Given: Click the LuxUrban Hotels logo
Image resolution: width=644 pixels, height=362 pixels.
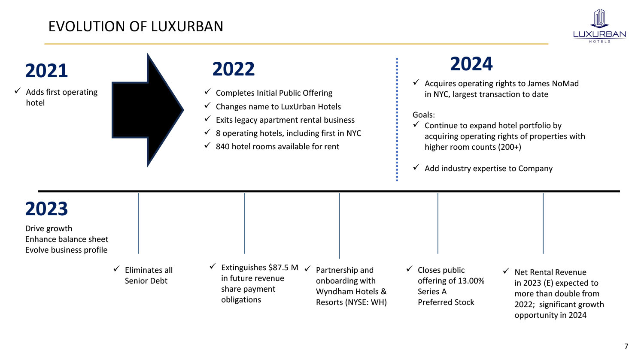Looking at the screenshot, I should point(599,26).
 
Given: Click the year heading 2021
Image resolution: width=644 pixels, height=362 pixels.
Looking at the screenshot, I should point(46,71).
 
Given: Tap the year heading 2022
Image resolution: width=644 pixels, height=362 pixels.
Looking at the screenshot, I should point(234,69).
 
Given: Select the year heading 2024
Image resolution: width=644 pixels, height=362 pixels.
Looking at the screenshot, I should point(471,64).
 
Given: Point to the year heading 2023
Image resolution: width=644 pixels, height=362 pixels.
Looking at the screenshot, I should point(46,209).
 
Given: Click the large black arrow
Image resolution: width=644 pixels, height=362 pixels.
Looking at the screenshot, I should point(148,110).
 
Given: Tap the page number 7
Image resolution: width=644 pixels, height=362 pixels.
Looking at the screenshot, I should point(626,346).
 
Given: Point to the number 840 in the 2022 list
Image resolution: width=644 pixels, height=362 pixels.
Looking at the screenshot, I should point(222,147).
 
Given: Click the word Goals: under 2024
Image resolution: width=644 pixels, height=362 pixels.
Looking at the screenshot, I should point(424,115).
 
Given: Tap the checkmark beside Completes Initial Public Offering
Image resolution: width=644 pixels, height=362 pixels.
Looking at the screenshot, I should point(207,92).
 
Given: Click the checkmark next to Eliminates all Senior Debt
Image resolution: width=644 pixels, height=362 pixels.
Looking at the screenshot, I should point(116,269).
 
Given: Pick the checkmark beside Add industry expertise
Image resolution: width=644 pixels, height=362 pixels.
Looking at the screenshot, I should point(416,168).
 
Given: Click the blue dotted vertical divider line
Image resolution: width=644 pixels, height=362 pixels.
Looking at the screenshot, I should point(397,120).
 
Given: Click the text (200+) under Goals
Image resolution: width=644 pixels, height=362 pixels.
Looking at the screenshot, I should point(510,147).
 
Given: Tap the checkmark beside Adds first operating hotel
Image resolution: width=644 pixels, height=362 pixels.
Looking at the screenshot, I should point(18,91).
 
